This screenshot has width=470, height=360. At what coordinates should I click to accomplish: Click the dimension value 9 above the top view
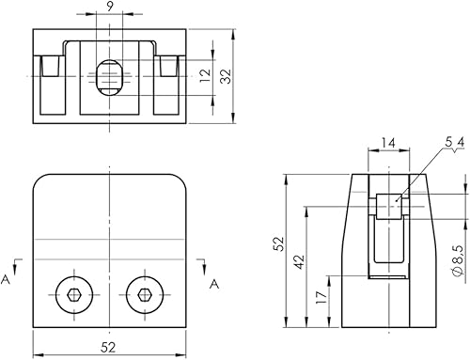111,7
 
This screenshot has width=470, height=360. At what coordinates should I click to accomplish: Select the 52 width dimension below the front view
108,348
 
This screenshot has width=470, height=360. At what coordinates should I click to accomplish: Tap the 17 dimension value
321,299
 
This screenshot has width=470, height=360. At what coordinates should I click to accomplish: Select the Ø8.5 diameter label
458,258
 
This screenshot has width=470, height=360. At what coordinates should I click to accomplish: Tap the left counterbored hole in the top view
52,69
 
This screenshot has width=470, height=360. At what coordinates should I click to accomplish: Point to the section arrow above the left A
14,260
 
